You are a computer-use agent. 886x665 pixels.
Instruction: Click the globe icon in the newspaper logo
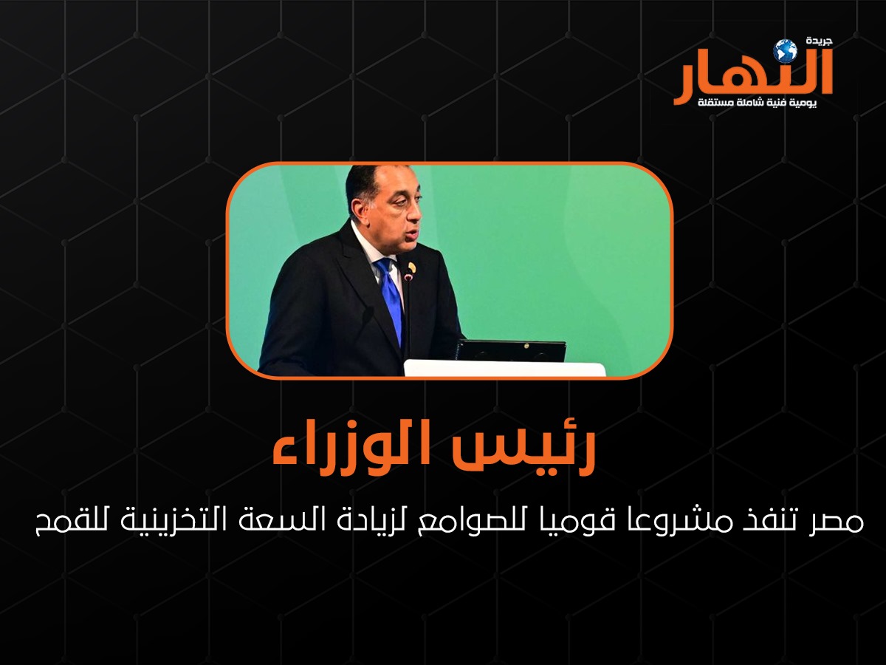(x=785, y=51)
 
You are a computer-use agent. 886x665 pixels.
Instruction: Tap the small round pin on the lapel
(x=411, y=267)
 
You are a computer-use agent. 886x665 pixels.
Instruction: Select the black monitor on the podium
(x=510, y=350)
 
